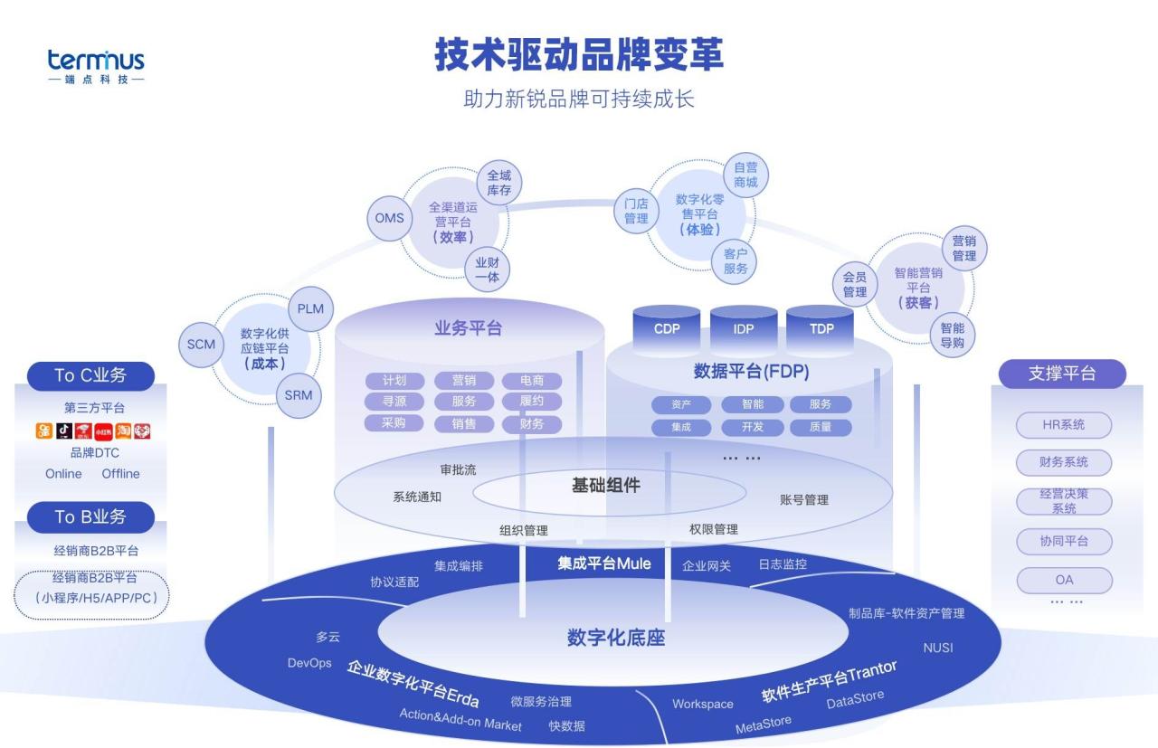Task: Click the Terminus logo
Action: [96, 66]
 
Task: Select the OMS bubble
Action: [390, 219]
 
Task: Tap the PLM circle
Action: [310, 308]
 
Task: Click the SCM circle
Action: [201, 344]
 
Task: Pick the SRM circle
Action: [299, 395]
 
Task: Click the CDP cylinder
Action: [667, 328]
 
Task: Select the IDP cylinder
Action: [744, 328]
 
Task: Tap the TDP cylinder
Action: [821, 328]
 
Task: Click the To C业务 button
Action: [90, 375]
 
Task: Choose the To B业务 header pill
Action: [90, 517]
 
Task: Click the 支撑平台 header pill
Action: [1062, 374]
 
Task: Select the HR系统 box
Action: [1063, 424]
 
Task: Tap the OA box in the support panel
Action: [1063, 580]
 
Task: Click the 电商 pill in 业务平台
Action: [532, 381]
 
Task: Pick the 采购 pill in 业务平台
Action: [394, 423]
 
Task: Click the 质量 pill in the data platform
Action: [821, 427]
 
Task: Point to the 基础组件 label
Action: [605, 486]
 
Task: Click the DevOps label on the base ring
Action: [309, 663]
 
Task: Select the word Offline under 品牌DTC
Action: [120, 474]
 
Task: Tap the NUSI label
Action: [937, 648]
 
